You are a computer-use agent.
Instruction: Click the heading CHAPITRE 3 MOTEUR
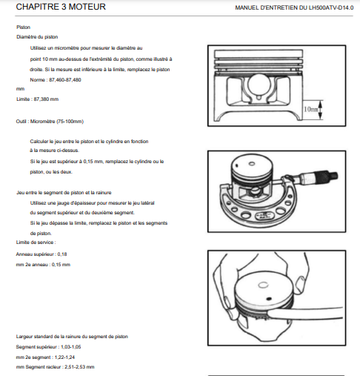click(x=61, y=7)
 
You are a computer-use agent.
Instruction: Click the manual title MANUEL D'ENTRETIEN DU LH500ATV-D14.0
click(x=294, y=8)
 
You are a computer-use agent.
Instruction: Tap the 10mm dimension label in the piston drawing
click(x=310, y=109)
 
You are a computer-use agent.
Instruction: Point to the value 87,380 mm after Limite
click(x=46, y=99)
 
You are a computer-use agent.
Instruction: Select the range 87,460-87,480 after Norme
click(x=65, y=80)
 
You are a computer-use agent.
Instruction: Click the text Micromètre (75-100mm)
click(x=57, y=122)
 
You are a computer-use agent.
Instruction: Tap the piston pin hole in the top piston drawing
click(x=259, y=85)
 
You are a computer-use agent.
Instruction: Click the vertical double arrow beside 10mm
click(x=320, y=110)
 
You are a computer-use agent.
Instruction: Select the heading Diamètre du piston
click(x=37, y=37)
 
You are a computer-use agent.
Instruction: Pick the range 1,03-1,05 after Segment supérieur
click(x=71, y=347)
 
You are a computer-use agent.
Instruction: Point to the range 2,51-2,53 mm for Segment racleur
click(x=79, y=367)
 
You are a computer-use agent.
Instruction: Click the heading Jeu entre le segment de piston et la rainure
click(x=64, y=193)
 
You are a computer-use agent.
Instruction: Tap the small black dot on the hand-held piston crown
click(x=269, y=299)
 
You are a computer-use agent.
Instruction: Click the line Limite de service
click(x=36, y=243)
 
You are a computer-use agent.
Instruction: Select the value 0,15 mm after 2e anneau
click(x=61, y=265)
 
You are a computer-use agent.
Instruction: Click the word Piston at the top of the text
click(x=23, y=27)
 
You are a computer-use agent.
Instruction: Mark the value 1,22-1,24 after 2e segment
click(x=64, y=357)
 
